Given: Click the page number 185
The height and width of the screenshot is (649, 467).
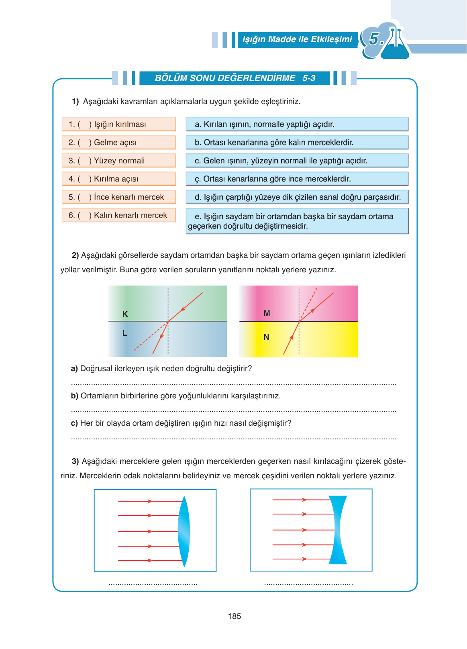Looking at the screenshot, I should coord(234,616).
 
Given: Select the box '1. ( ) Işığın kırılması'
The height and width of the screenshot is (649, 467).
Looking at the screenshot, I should coord(119,124).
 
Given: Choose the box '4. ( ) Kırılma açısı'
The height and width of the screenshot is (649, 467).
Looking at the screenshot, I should coord(119,179).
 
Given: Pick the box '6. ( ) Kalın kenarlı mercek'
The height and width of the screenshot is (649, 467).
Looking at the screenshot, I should coord(119,215).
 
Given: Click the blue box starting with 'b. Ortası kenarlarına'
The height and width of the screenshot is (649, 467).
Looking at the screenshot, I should coord(297,142).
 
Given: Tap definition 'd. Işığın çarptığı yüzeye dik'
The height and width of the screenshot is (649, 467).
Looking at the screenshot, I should coord(297,197).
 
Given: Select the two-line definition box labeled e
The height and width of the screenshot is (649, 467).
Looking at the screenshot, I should coord(297,221).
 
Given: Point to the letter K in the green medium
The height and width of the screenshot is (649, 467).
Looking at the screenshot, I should coord(125,314).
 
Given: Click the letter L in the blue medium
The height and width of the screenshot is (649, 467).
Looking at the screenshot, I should coord(124,333).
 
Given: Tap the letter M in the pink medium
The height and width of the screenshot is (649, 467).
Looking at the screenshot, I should coord(267,313).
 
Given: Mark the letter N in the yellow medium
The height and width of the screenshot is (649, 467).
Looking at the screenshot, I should coord(266,337).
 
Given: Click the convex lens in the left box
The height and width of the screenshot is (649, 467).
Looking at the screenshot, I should coord(184,531).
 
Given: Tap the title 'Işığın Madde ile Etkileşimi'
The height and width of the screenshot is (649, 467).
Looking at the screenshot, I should coord(297,39).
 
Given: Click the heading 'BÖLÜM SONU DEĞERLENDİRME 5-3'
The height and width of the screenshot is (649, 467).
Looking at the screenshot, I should coord(235,78).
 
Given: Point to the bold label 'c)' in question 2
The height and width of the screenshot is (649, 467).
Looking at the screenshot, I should coord(74,423).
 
